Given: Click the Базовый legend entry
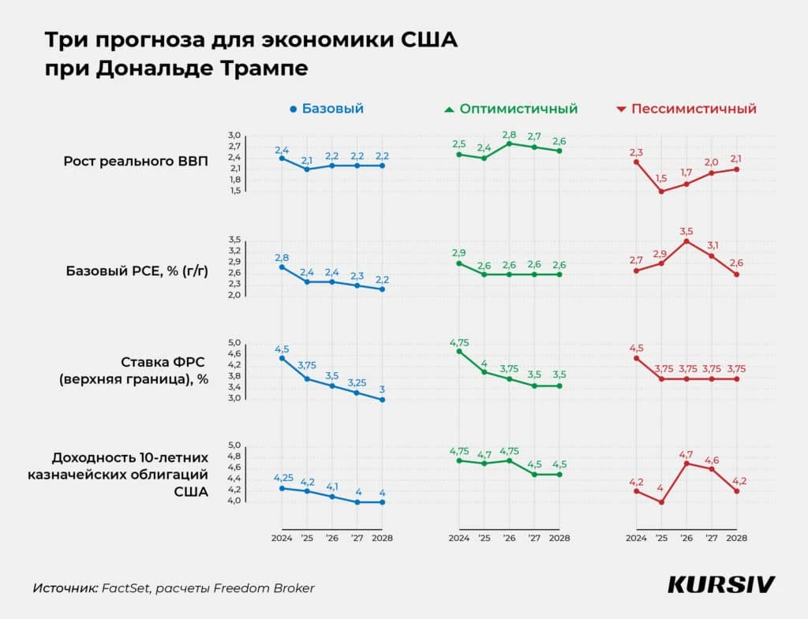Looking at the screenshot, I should click(x=327, y=109).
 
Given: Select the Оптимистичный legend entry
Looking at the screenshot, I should click(x=511, y=109).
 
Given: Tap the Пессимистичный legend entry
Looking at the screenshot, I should click(x=686, y=109).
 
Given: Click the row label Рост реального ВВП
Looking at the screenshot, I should click(x=136, y=162).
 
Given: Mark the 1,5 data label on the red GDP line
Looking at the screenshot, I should click(x=661, y=179).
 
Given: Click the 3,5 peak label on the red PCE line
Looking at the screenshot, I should click(x=686, y=230).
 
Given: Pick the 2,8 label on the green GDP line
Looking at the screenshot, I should click(x=509, y=134).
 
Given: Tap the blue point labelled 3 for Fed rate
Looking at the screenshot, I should click(x=383, y=400).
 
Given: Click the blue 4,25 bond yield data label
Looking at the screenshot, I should click(x=282, y=478).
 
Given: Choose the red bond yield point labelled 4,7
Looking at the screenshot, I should click(x=686, y=463).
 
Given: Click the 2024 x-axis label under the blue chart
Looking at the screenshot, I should click(x=282, y=538).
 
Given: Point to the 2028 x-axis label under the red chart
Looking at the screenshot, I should click(x=736, y=538).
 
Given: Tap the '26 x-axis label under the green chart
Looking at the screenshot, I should click(x=509, y=538).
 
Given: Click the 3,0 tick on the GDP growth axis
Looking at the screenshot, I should click(x=234, y=136).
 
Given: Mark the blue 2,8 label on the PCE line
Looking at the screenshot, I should click(x=282, y=257).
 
